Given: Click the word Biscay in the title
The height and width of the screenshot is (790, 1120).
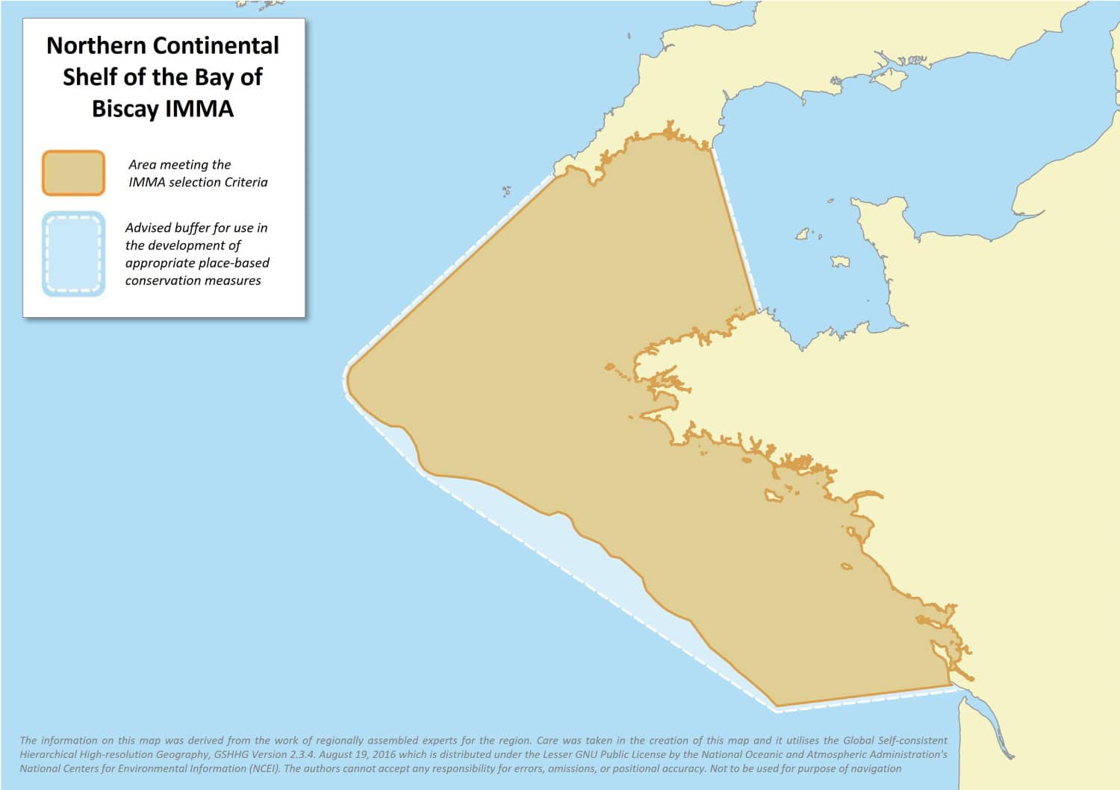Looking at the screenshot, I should [x=125, y=109].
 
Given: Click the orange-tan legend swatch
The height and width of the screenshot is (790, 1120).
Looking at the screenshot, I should [x=73, y=173].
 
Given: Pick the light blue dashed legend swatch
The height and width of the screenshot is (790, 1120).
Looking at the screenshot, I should [x=73, y=254].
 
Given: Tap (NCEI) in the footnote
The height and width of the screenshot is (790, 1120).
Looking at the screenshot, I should [x=261, y=768].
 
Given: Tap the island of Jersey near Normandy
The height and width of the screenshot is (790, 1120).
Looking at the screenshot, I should [x=841, y=262].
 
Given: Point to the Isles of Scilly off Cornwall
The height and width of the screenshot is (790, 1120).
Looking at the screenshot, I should [x=506, y=191].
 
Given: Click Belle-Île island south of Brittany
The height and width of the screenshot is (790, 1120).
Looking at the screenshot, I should [x=773, y=495].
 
